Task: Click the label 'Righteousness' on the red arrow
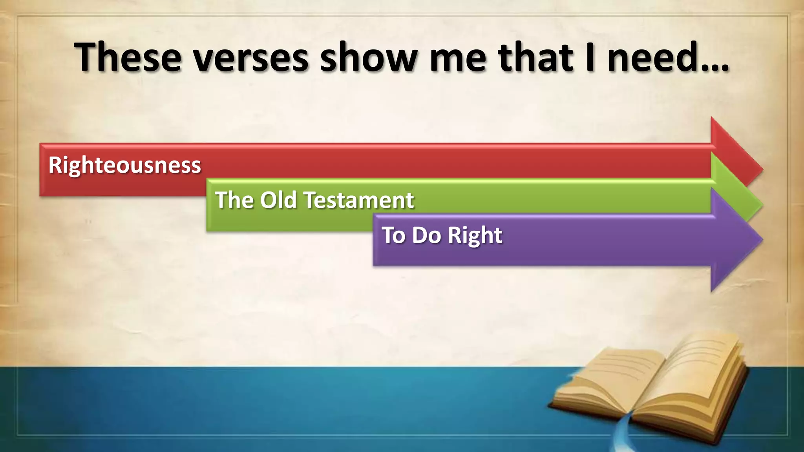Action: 124,165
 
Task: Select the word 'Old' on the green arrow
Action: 278,200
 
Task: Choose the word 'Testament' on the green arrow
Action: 359,200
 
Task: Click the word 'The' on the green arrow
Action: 234,200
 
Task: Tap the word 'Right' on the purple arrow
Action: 475,235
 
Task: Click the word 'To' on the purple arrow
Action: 394,235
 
